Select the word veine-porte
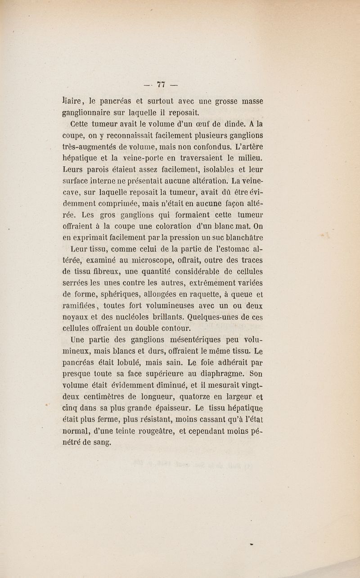tap(141, 158)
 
